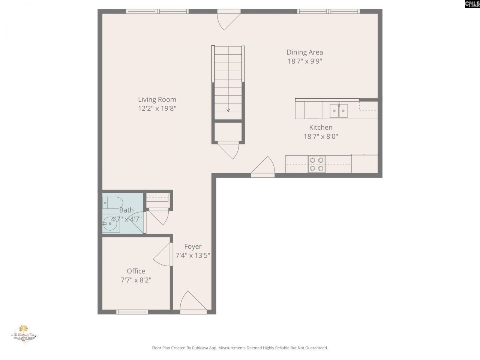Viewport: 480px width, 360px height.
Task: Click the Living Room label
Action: click(x=157, y=99)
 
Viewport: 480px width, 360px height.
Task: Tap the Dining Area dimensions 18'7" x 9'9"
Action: click(x=304, y=61)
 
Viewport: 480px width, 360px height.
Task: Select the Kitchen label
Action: click(x=321, y=127)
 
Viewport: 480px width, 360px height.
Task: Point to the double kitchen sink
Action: click(x=339, y=111)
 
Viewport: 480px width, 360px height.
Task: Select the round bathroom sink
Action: click(x=110, y=225)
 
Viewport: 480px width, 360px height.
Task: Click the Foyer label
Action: click(x=193, y=246)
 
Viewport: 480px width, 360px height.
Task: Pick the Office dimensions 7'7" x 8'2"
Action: click(x=136, y=280)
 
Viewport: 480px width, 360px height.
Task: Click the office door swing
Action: click(x=163, y=255)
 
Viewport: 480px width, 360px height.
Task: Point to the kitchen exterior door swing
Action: click(x=264, y=166)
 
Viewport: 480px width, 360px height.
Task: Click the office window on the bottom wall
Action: click(x=132, y=312)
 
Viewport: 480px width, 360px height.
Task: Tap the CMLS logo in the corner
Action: click(x=472, y=4)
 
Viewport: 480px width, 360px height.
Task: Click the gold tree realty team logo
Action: click(x=25, y=333)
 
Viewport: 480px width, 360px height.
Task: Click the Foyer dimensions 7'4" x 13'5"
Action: click(x=193, y=256)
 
